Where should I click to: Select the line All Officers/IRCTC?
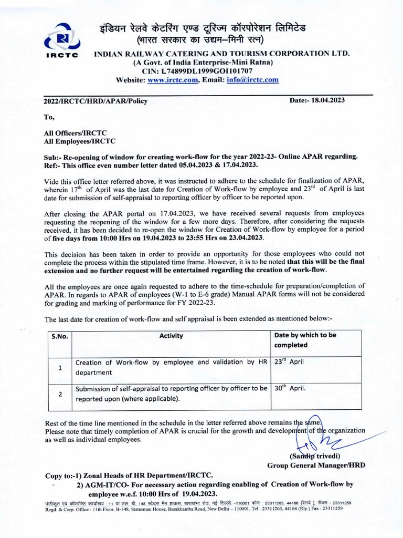coord(76,133)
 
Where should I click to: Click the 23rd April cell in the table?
coord(289,363)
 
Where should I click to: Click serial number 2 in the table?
coord(60,394)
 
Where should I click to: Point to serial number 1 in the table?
coord(60,367)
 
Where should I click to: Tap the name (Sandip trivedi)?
coord(314,456)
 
